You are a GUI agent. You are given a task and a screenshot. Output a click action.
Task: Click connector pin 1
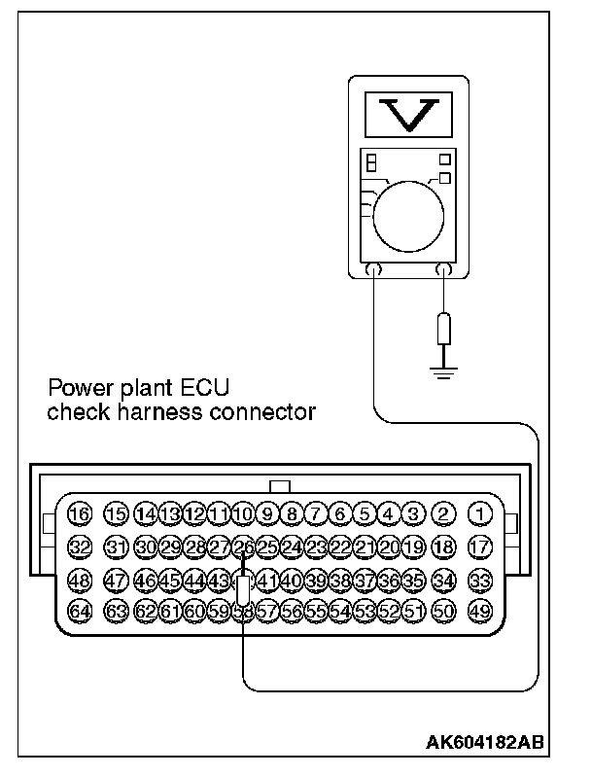point(479,513)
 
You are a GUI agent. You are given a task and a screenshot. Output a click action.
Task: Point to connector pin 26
point(244,547)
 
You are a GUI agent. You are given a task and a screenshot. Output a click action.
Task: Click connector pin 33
point(479,580)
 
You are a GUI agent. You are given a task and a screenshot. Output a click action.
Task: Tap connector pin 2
point(444,513)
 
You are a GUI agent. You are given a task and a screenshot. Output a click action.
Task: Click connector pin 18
point(444,547)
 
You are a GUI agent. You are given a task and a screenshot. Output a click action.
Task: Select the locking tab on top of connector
point(279,486)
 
